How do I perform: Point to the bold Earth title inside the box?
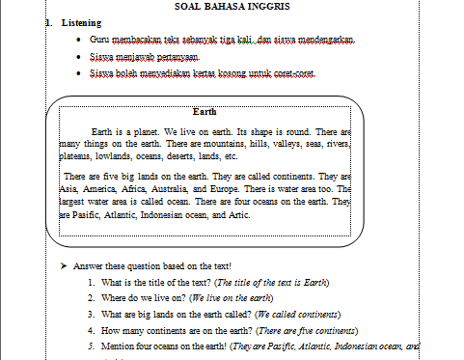click(x=205, y=111)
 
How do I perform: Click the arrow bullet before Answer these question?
click(x=61, y=265)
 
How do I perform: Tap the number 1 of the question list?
click(x=89, y=282)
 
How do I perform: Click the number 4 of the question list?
click(x=89, y=329)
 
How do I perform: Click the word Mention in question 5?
click(x=119, y=345)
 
